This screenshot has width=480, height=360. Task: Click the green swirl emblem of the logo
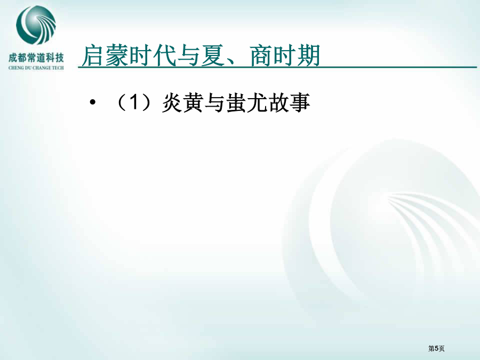36,26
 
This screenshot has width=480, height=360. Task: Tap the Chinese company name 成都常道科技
36,58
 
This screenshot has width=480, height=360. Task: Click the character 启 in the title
93,55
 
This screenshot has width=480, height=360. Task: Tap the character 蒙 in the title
117,55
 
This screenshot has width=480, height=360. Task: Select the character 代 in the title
165,55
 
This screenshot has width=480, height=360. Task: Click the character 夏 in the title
213,55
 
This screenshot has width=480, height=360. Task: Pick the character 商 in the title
261,55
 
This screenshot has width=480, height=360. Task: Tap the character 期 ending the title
309,55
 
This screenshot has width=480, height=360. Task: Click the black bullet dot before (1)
92,102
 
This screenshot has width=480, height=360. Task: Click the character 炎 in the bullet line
172,103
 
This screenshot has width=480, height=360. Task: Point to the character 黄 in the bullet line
194,103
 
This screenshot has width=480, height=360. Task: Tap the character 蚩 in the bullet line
236,103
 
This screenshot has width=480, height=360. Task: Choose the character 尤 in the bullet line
258,103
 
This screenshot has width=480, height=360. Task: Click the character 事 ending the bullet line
300,103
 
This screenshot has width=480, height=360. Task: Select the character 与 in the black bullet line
215,103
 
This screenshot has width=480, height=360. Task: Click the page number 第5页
436,348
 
